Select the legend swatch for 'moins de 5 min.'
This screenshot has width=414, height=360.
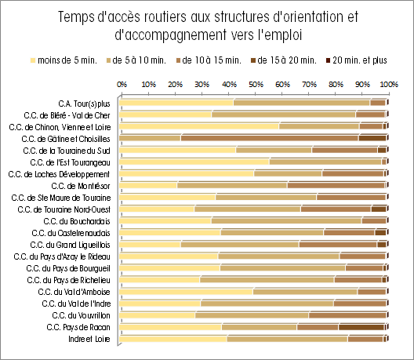coord(33,60)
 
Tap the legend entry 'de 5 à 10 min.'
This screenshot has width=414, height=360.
coord(136,60)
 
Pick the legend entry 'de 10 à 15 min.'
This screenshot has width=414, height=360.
coord(209,60)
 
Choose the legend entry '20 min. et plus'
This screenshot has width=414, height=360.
coord(357,60)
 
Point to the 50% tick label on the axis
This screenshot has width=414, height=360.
coord(256,85)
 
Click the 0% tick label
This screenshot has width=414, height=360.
coord(122,85)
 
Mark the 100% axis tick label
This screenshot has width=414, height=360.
coord(389,85)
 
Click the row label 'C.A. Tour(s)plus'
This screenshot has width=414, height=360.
coord(84,104)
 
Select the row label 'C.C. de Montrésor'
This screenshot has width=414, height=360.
coord(81,186)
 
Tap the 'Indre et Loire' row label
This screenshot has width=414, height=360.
coord(89,339)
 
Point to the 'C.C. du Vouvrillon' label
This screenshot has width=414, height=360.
coord(81,315)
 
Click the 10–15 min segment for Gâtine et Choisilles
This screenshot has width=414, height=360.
coord(270,138)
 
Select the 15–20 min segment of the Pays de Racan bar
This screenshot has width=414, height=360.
coord(361,327)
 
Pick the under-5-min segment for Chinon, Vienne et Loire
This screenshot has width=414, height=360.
coord(199,126)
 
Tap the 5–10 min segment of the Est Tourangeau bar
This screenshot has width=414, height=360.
coord(325,162)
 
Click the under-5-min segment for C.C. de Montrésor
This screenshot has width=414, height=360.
coord(148,185)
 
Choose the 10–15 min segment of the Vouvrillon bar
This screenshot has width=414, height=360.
coord(347,315)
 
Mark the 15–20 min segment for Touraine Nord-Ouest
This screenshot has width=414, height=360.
coord(379,209)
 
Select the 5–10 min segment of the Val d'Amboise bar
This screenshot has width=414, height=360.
coord(305,292)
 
